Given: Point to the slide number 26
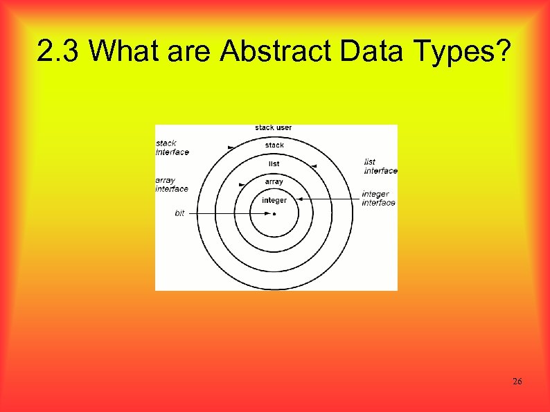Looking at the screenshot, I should (x=517, y=382).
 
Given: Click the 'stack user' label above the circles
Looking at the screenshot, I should (x=274, y=127).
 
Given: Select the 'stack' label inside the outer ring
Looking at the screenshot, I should (x=274, y=145).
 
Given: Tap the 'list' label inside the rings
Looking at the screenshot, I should (x=274, y=164).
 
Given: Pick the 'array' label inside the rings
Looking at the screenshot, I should (x=274, y=182).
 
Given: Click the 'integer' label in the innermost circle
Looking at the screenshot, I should (x=274, y=201).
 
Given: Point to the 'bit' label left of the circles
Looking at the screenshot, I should (x=179, y=214).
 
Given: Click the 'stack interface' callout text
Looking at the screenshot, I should (x=172, y=147).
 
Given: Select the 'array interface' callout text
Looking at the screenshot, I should (x=171, y=185).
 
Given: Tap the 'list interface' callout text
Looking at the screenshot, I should (x=380, y=166).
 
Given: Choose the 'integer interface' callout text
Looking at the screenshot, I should (x=378, y=199).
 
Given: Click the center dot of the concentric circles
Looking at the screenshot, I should (x=274, y=214).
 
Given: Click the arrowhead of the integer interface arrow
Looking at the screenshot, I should (x=302, y=199).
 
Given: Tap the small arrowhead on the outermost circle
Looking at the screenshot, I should (x=230, y=147).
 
